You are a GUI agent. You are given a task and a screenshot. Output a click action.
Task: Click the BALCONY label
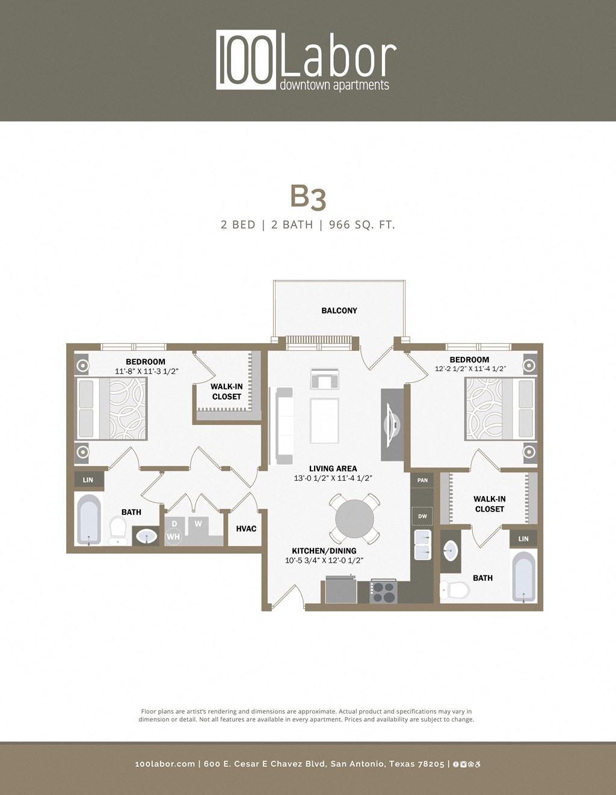339,311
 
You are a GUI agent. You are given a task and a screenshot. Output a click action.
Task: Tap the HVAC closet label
246,528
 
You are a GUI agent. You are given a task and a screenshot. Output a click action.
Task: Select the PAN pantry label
422,480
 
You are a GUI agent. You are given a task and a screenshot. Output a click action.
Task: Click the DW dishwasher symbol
422,516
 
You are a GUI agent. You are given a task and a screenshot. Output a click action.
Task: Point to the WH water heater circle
173,536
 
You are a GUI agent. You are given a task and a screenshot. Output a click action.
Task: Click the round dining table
355,518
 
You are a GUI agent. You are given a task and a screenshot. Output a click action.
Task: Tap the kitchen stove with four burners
383,591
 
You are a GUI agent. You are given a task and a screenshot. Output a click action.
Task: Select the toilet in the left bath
118,529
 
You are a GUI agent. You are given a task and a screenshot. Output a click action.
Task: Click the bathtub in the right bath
523,577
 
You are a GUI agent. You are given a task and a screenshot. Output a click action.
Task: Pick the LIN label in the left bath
88,480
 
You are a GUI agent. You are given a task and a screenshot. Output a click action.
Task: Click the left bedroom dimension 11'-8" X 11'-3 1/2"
146,371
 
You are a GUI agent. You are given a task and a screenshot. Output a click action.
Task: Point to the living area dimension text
333,478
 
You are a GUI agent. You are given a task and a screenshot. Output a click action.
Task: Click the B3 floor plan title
308,196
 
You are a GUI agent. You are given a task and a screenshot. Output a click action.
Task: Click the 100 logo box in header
246,60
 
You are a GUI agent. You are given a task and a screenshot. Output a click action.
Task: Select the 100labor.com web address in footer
165,764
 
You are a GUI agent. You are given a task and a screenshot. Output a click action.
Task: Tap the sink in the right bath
450,550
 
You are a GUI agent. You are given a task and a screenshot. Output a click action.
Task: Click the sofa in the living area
284,425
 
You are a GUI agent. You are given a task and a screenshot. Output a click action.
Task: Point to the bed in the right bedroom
499,409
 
